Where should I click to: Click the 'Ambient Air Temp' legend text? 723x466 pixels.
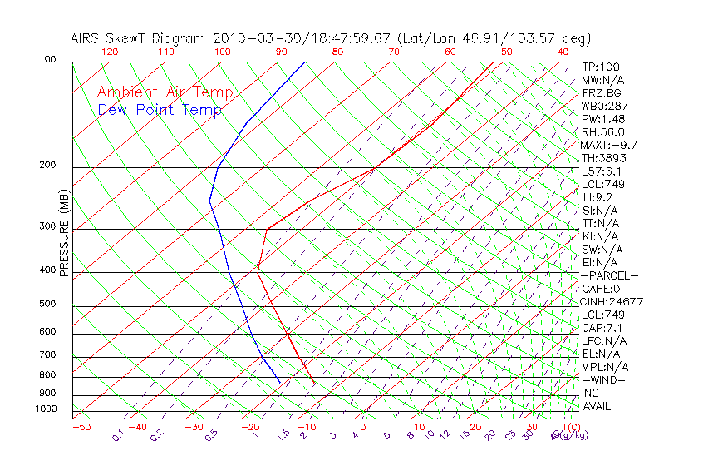click(x=165, y=92)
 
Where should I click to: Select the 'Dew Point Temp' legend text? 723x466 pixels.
click(x=160, y=110)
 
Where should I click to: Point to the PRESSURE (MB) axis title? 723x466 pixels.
click(x=64, y=233)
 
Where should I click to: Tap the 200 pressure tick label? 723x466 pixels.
click(x=47, y=166)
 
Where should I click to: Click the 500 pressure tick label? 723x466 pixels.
click(x=47, y=305)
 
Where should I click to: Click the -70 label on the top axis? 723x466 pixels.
click(x=390, y=52)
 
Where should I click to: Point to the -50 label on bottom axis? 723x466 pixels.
click(x=81, y=427)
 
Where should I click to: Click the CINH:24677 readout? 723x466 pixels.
click(x=612, y=301)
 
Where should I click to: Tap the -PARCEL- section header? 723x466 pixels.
click(x=609, y=275)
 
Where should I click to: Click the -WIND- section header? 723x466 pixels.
click(x=603, y=379)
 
